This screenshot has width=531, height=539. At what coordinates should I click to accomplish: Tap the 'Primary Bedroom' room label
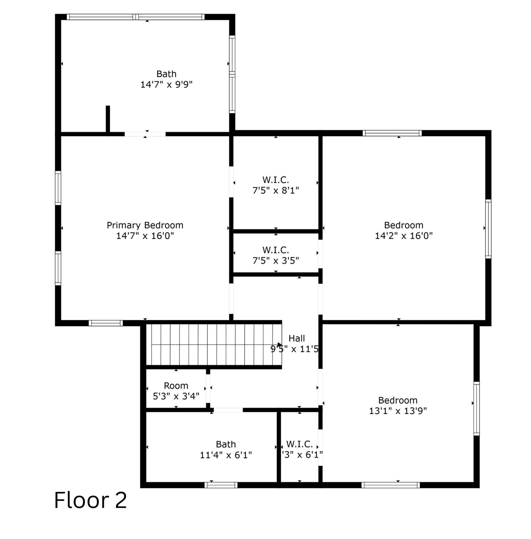click(x=145, y=225)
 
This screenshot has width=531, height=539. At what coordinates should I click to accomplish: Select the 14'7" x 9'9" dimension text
click(x=166, y=85)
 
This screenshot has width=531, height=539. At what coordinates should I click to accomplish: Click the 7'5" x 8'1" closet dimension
click(x=275, y=191)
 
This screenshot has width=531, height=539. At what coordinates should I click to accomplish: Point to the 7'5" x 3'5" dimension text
click(x=275, y=261)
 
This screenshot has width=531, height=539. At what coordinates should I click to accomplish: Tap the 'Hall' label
click(x=296, y=338)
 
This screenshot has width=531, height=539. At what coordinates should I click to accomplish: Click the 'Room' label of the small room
click(x=176, y=386)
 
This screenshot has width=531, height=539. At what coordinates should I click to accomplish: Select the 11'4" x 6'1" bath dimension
click(x=226, y=455)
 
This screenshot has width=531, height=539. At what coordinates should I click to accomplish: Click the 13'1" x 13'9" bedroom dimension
click(x=398, y=411)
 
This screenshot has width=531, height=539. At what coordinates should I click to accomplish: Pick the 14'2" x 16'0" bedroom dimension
click(x=404, y=236)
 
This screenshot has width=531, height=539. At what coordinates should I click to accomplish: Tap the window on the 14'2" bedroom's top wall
click(x=392, y=133)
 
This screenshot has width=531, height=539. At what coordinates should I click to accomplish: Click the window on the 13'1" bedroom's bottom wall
click(x=391, y=485)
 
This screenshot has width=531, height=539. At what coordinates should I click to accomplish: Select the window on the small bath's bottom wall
click(x=221, y=485)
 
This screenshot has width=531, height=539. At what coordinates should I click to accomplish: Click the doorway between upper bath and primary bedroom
click(x=145, y=134)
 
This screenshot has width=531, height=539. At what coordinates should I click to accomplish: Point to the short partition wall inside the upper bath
click(x=108, y=119)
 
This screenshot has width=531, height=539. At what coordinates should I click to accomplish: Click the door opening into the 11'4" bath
click(x=228, y=410)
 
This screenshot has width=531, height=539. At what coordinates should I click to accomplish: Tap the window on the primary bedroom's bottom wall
click(x=106, y=323)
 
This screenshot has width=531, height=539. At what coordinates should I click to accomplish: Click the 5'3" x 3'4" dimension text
click(x=176, y=396)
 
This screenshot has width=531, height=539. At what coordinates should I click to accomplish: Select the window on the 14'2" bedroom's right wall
click(x=488, y=229)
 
